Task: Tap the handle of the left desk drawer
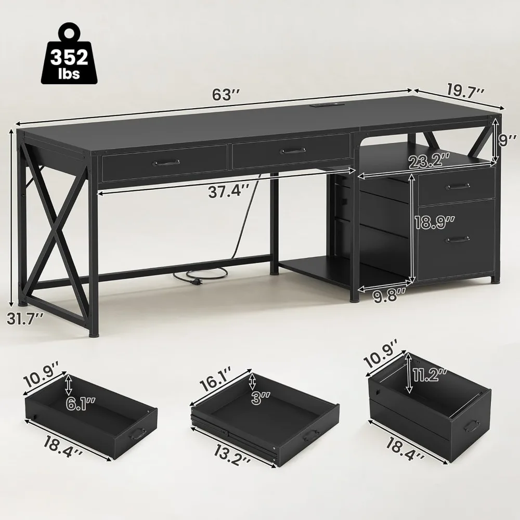coord(166,163)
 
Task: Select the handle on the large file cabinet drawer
coord(457,239)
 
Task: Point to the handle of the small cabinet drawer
coord(458,186)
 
